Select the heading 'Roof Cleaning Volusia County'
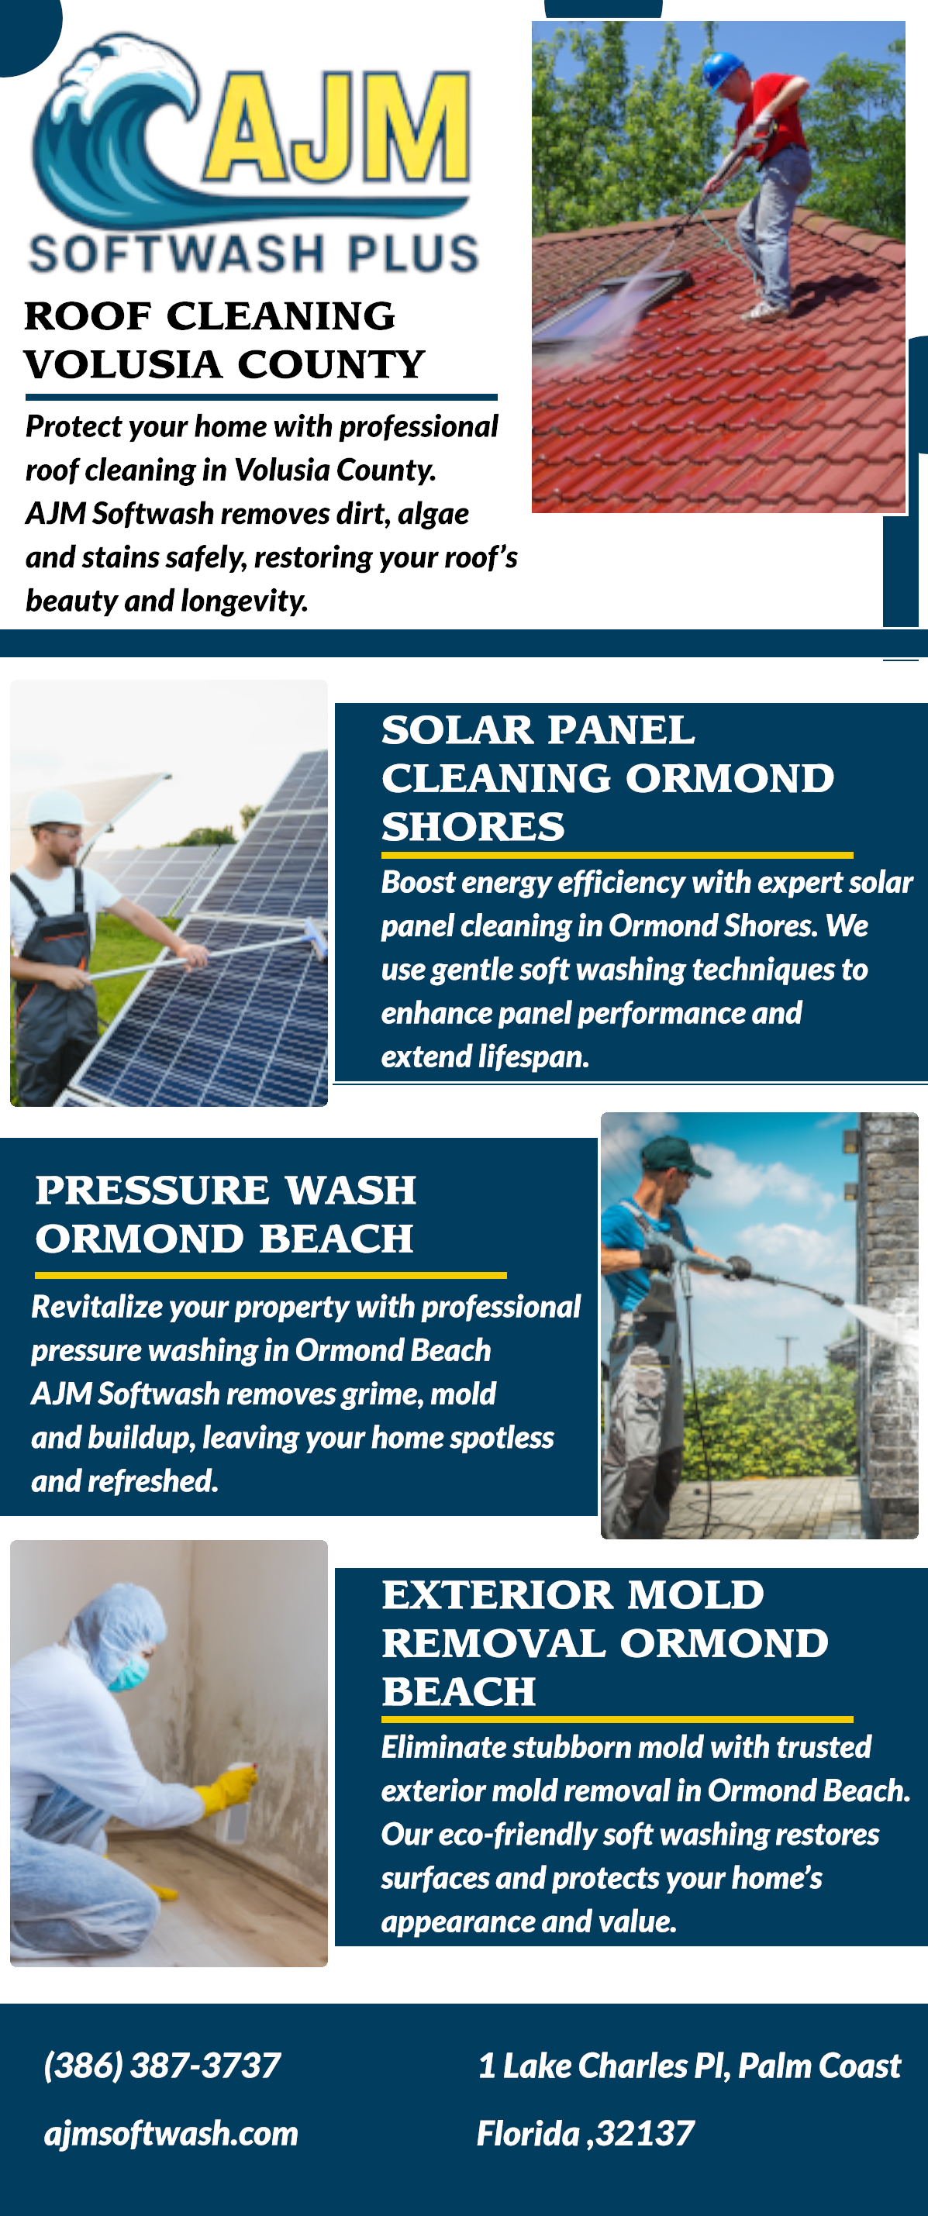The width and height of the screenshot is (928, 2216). point(223,339)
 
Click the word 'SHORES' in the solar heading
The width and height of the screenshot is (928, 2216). point(473,827)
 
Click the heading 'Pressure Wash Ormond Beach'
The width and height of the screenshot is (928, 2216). point(226,1214)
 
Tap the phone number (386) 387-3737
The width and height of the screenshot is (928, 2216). point(163,2066)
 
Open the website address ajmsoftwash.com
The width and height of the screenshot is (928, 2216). point(171,2133)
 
